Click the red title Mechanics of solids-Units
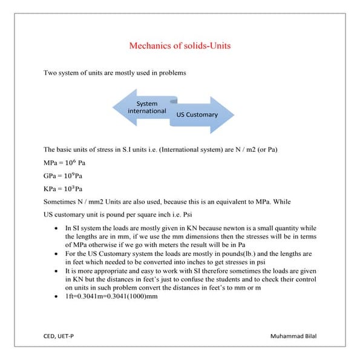(x=180, y=45)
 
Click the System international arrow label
(x=147, y=107)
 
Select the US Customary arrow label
(x=197, y=114)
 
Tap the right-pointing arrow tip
(x=229, y=114)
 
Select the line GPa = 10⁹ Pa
(x=64, y=176)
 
